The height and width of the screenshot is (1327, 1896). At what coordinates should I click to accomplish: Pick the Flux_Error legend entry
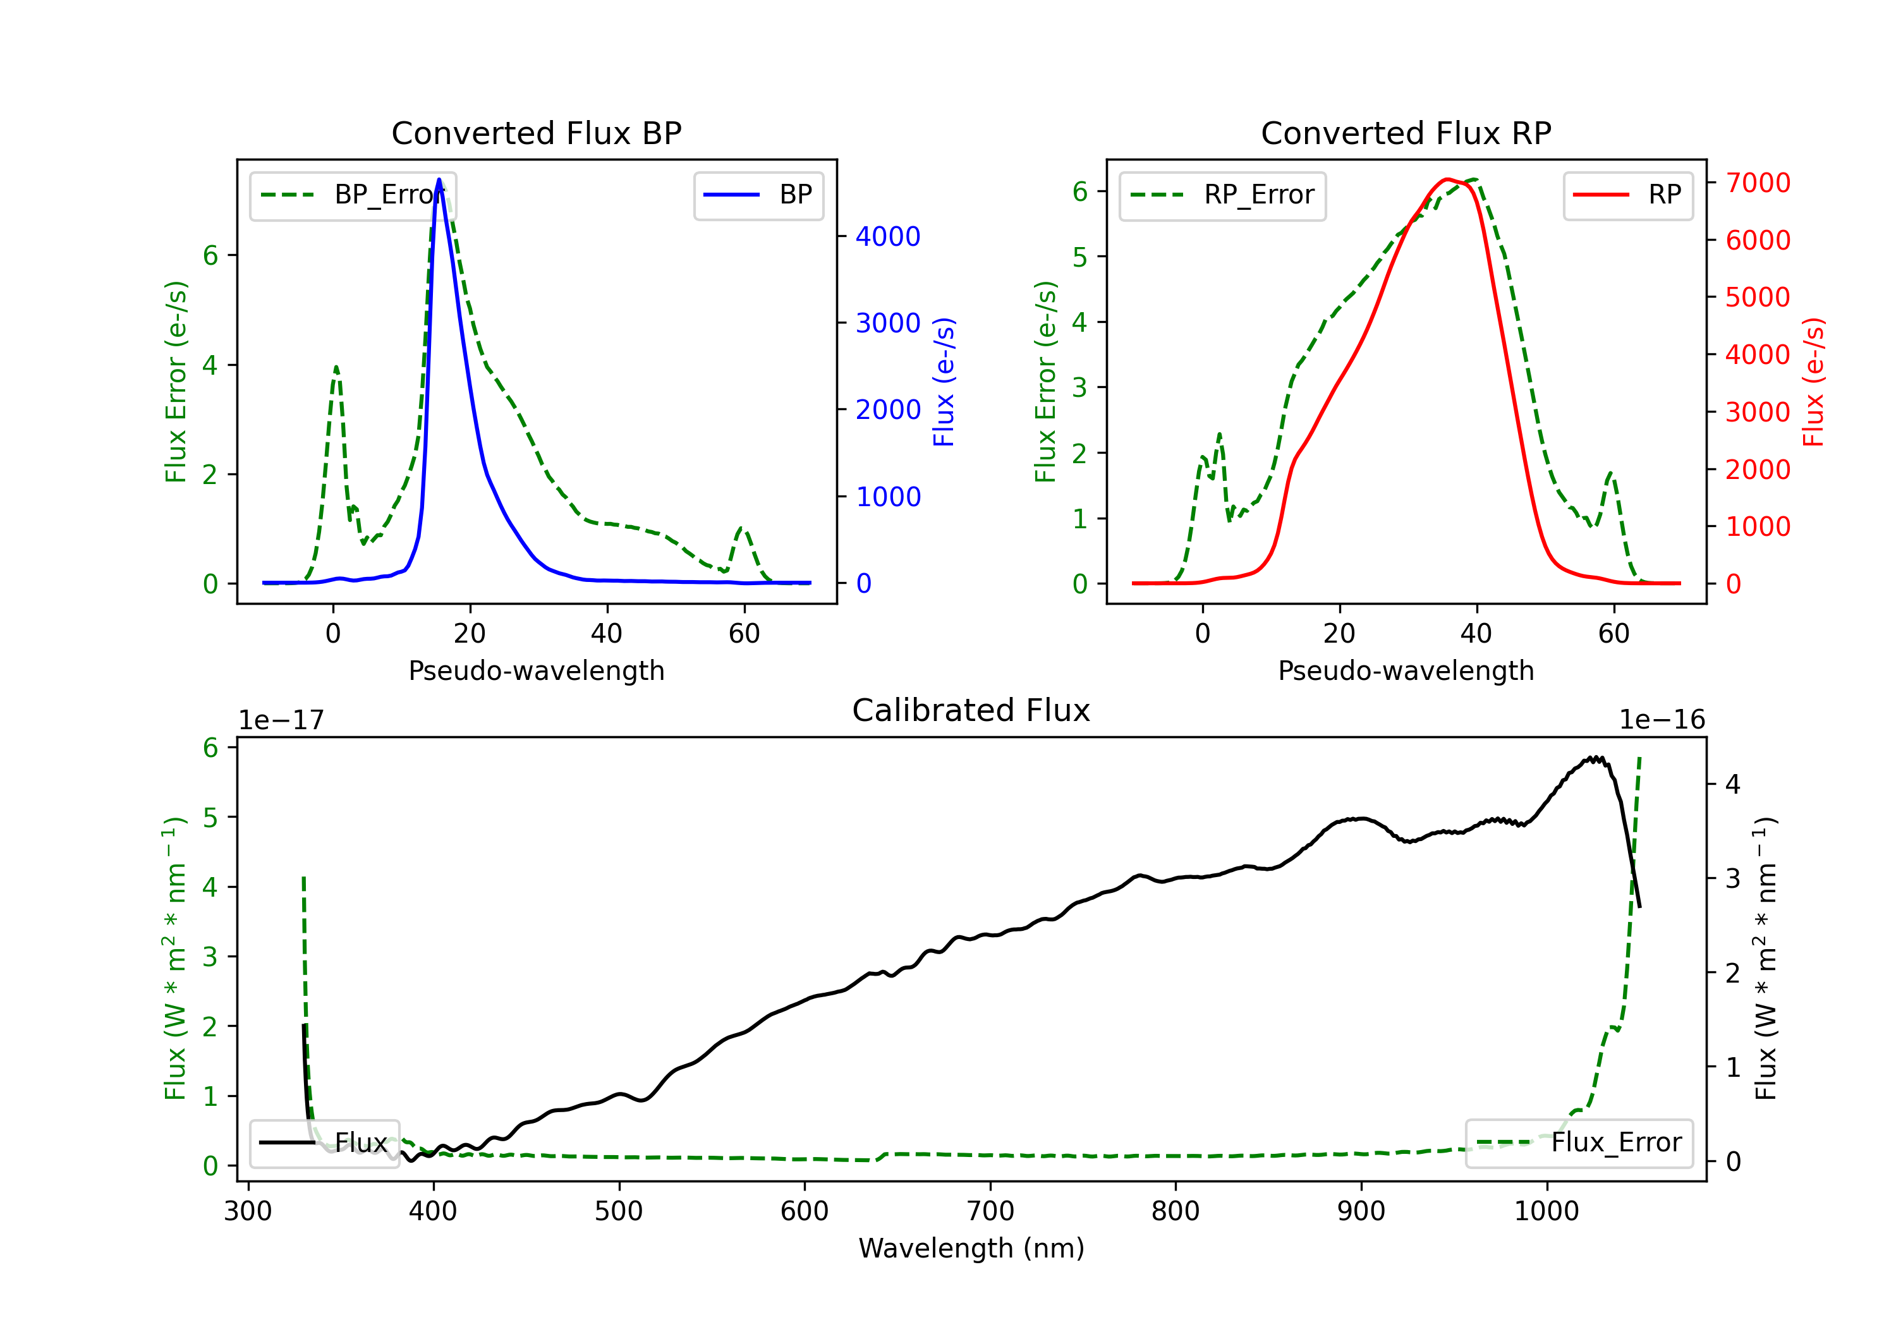(1579, 1143)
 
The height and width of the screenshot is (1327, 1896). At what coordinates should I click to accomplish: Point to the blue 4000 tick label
(888, 237)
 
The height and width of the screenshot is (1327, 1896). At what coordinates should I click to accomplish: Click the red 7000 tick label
(1757, 183)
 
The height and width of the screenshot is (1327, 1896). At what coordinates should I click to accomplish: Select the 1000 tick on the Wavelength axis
(1546, 1211)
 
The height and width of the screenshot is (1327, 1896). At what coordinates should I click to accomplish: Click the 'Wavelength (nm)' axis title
(971, 1249)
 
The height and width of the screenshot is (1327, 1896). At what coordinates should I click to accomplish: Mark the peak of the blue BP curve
(439, 179)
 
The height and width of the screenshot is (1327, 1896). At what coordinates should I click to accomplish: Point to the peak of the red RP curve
(1447, 179)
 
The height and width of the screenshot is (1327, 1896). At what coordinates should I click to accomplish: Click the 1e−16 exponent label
(1662, 720)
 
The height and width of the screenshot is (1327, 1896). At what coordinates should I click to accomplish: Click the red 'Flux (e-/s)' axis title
(1813, 382)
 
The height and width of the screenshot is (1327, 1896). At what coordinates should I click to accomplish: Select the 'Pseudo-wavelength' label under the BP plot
(536, 670)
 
